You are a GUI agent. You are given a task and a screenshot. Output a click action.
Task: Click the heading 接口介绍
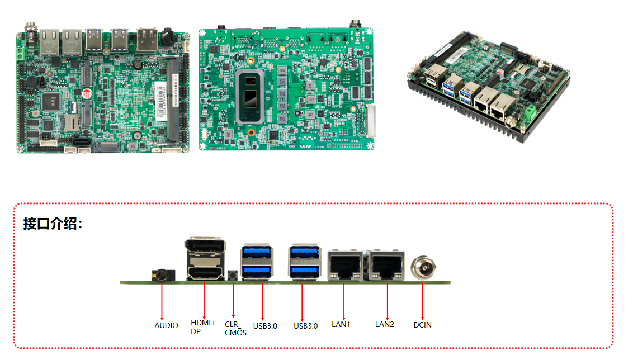pyautogui.click(x=53, y=224)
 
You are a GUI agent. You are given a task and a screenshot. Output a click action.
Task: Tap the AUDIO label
pyautogui.click(x=166, y=325)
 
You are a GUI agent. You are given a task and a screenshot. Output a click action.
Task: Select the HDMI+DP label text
pyautogui.click(x=203, y=326)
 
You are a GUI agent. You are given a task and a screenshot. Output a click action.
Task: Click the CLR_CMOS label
pyautogui.click(x=235, y=328)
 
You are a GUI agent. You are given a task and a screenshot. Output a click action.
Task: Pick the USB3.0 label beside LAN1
pyautogui.click(x=306, y=326)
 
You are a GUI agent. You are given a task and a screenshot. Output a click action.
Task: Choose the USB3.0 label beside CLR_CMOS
pyautogui.click(x=265, y=326)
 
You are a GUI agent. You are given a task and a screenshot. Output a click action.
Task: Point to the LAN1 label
pyautogui.click(x=340, y=324)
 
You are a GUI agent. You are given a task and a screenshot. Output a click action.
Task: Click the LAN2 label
pyautogui.click(x=384, y=324)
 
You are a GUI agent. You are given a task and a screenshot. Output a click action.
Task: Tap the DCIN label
pyautogui.click(x=422, y=325)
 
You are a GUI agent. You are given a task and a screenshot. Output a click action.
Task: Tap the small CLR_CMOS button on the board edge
pyautogui.click(x=233, y=276)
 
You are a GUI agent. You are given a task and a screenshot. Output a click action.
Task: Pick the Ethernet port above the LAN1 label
pyautogui.click(x=344, y=264)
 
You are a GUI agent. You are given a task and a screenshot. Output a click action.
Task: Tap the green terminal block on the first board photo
pyautogui.click(x=20, y=54)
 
